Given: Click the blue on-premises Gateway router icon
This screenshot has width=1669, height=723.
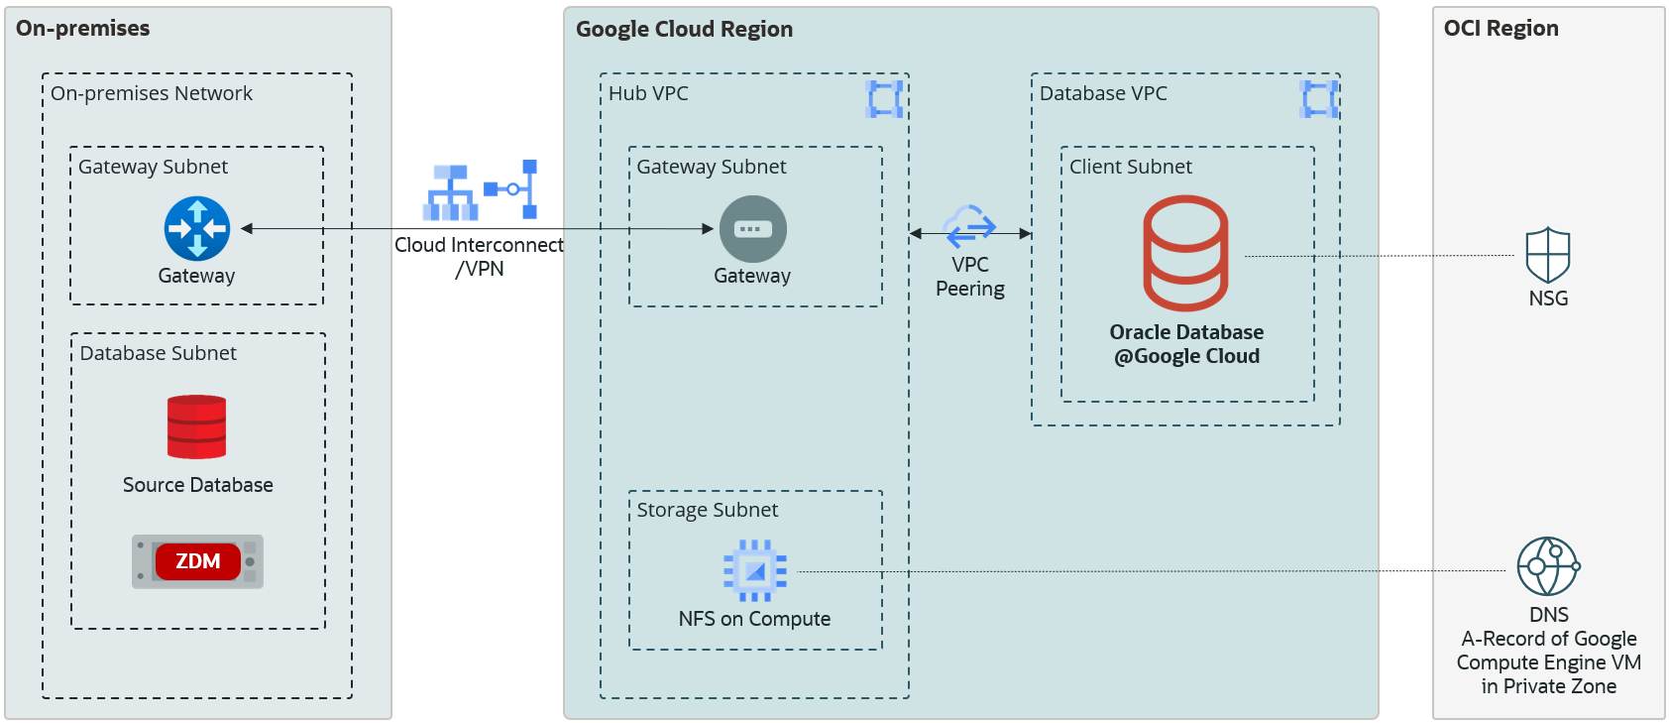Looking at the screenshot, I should pos(196,228).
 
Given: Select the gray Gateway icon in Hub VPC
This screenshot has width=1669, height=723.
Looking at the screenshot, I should pos(752,229).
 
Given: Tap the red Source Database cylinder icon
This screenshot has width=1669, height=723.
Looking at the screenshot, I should pos(196,427).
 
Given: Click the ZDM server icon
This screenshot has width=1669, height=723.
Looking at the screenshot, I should pos(197,561).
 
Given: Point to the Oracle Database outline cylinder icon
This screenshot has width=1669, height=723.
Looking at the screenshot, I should pos(1185,254).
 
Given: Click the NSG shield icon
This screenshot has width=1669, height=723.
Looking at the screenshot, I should pos(1547,256).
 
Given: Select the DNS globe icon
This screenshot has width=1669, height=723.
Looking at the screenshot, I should pos(1547,566).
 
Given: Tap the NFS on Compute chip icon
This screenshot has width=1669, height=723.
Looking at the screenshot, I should pos(754,570).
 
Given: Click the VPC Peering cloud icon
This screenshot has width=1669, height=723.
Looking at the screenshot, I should pos(969,225).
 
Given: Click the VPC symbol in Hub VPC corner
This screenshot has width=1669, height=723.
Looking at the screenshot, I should pos(884,99).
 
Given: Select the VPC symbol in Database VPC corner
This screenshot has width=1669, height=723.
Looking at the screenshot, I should pos(1318,99).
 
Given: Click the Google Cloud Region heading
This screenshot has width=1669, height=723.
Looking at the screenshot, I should pos(684,29).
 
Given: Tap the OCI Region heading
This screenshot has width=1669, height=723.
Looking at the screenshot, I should pos(1501,28).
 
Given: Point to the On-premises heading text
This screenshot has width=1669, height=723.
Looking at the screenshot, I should pos(83,28).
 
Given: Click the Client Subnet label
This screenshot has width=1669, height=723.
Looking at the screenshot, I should pos(1130,167).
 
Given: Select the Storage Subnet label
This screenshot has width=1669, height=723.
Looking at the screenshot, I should pos(707,510).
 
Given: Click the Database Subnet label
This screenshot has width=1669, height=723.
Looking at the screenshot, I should pos(158,353).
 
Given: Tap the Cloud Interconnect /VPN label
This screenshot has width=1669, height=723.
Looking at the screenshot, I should pos(479,256).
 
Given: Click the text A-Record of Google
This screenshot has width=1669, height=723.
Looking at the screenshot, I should pos(1548,639).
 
